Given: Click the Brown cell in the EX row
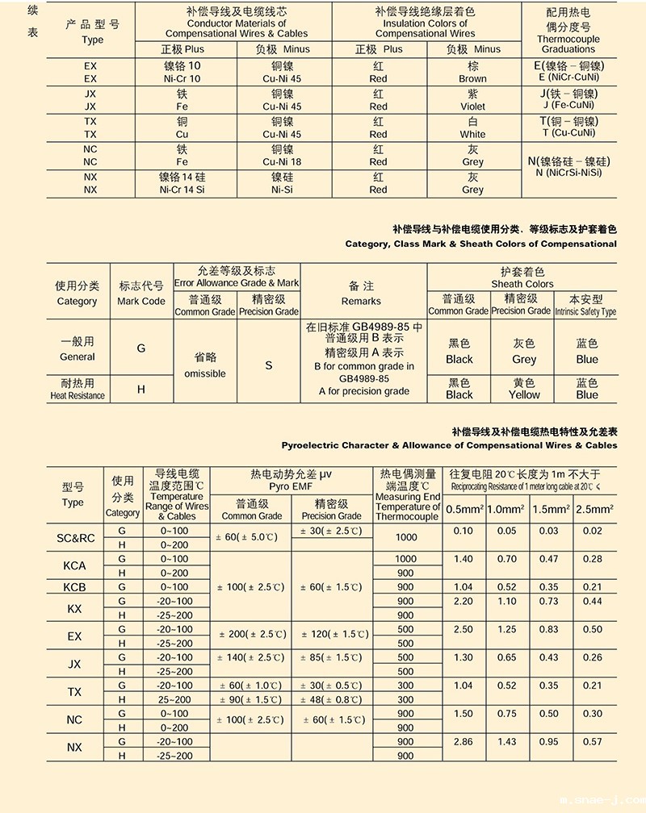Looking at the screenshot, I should coord(472,73).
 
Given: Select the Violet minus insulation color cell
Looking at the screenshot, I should coord(472,100).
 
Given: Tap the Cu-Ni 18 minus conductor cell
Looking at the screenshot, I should coord(282,162).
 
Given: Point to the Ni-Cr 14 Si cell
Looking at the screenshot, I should coord(181,190).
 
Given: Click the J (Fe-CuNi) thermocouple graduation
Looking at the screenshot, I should coord(568,105).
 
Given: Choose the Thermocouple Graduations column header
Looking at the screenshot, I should coord(568,33).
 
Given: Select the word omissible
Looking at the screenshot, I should coord(205,373).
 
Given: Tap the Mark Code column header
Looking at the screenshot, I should coord(141,301).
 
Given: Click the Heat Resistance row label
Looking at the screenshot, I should coord(78,395).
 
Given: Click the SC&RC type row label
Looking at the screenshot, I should coord(75,538).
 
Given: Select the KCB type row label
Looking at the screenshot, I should coord(74,586).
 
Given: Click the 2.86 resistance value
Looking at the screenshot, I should coord(464,741).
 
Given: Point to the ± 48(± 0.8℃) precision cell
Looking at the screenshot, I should coord(331,699).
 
